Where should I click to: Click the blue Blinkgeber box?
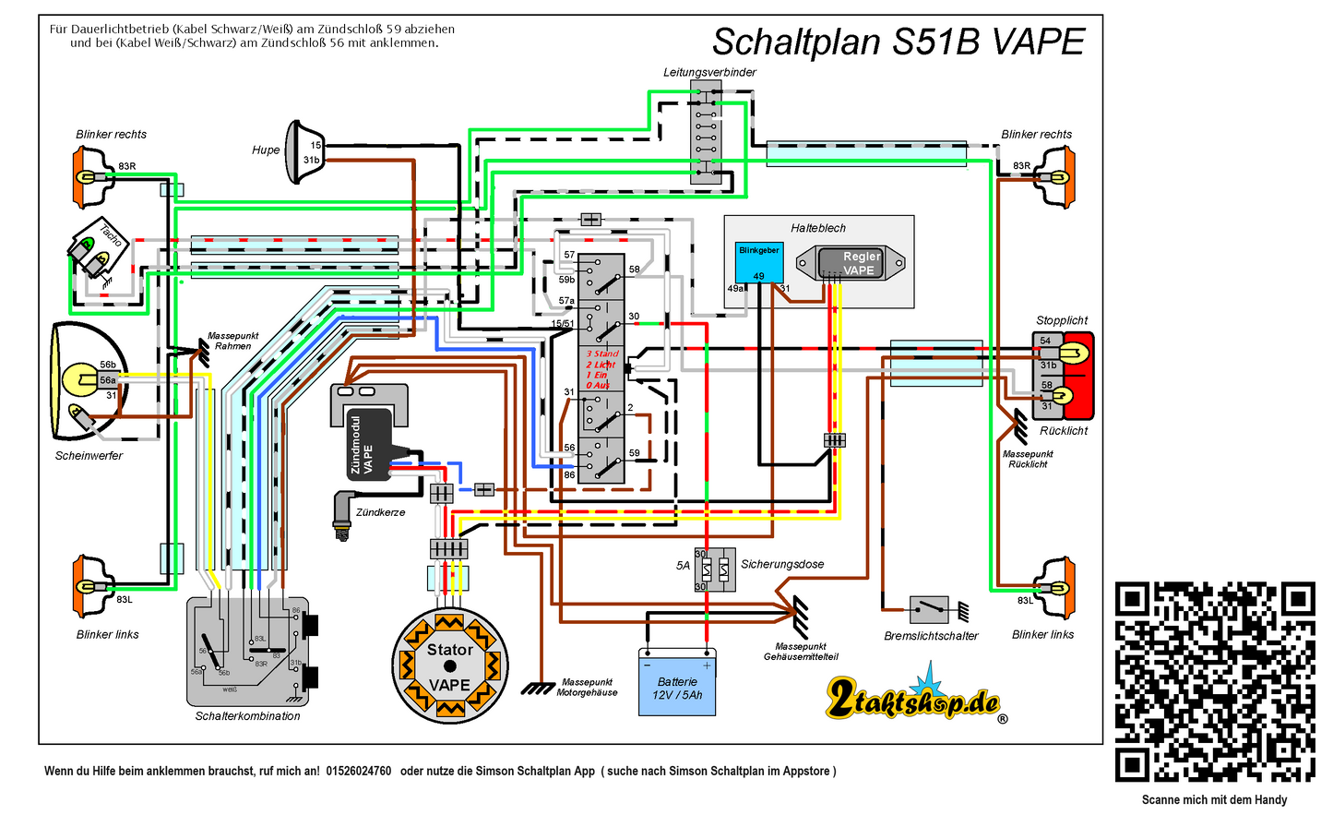[x=759, y=262]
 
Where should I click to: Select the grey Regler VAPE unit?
[x=851, y=263]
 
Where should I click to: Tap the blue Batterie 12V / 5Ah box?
[x=677, y=682]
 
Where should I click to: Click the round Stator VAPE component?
[x=449, y=666]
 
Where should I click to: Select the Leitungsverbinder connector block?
[x=706, y=131]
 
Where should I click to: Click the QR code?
[x=1214, y=682]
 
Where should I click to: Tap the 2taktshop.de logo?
[x=913, y=699]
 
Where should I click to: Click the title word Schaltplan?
[x=796, y=42]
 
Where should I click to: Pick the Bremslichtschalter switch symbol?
[x=929, y=609]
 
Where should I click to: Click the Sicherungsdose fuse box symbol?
[x=715, y=569]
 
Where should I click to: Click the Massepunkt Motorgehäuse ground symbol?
[x=538, y=688]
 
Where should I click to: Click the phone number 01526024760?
[x=358, y=771]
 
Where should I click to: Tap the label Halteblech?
[x=817, y=228]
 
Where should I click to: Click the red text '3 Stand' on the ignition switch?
[x=602, y=354]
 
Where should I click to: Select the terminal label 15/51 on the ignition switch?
[x=563, y=324]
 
